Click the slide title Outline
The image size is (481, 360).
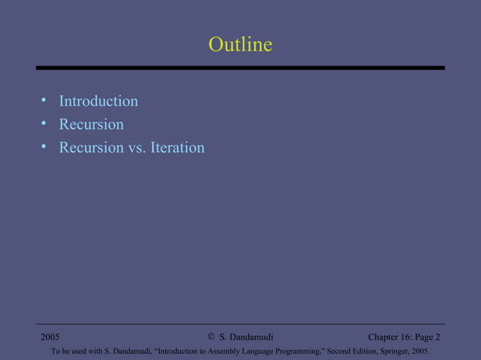pos(240,45)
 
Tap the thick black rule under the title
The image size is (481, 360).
pos(240,68)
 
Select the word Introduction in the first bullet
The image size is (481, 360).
pos(98,101)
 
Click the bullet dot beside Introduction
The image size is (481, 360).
pos(44,100)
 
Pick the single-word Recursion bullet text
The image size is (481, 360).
pos(91,124)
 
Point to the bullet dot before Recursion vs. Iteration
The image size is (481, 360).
pos(44,147)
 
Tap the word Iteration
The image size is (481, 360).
pos(177,148)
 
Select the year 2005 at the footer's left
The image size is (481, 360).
pos(51,337)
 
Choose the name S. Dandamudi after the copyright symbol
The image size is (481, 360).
pos(246,337)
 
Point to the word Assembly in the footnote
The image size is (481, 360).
pos(226,350)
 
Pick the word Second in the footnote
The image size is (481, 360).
pos(336,350)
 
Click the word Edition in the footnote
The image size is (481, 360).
pos(364,350)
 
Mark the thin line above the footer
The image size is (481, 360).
pos(240,325)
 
